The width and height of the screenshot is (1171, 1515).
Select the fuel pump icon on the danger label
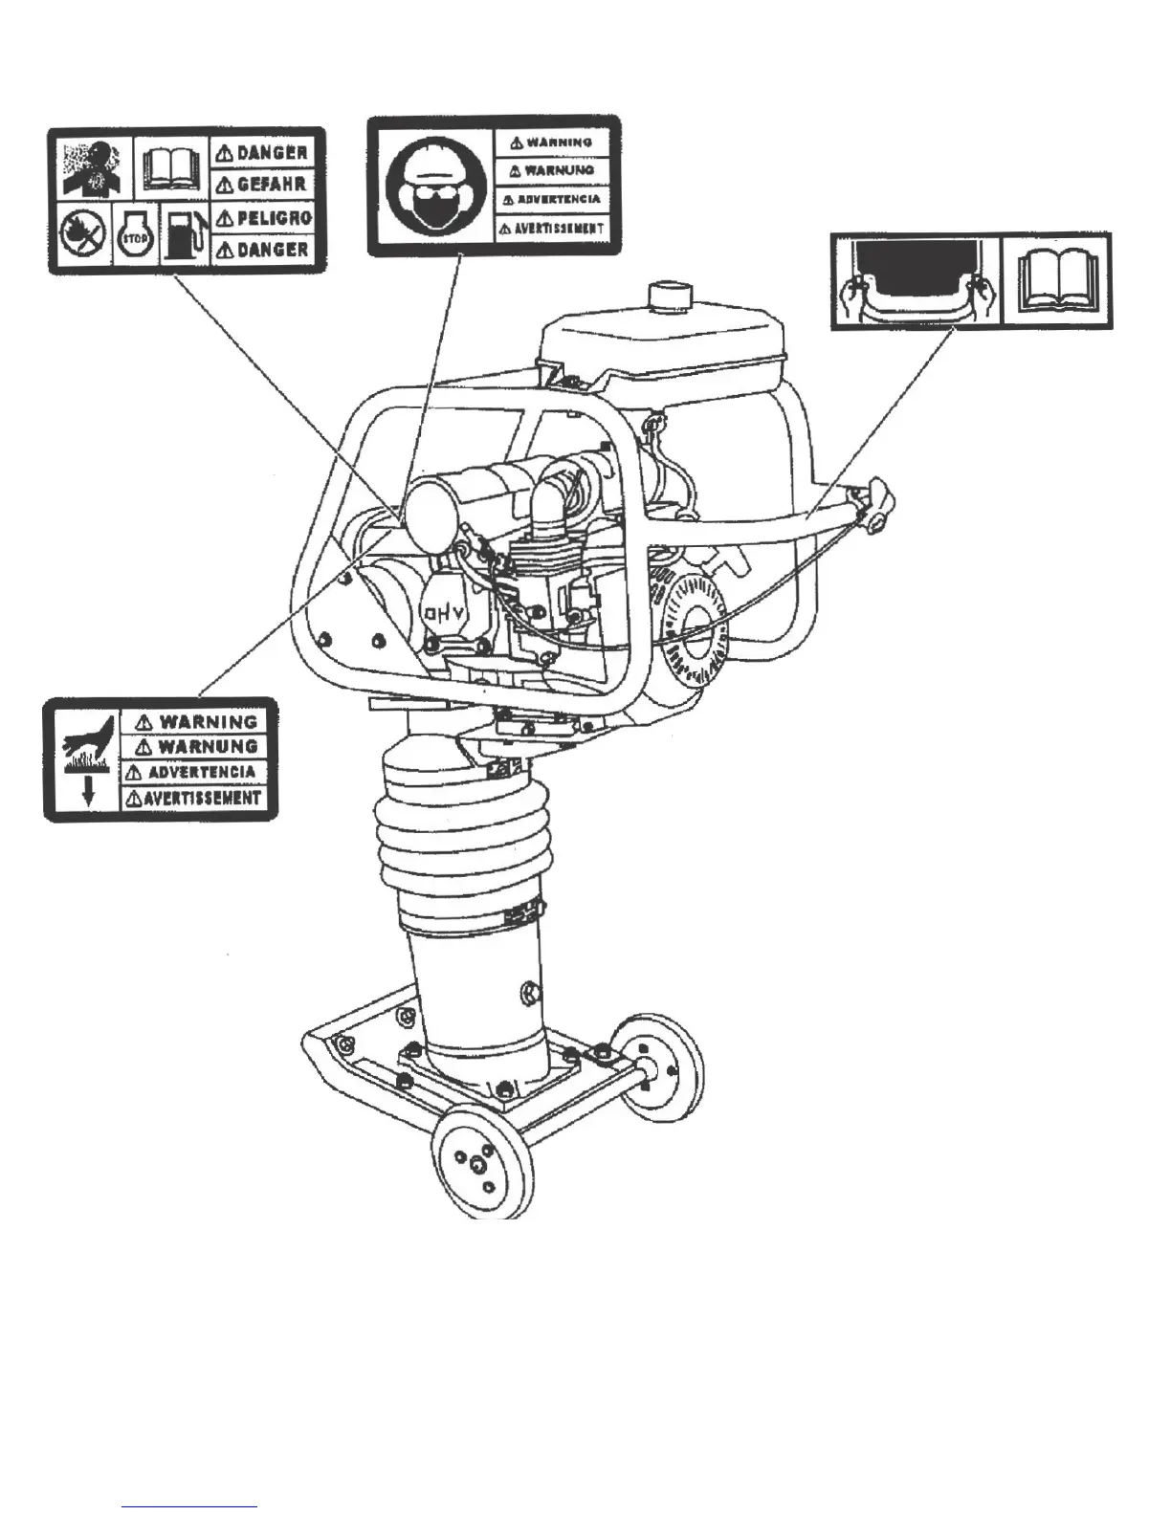click(x=183, y=234)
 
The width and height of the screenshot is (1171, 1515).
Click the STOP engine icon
click(x=134, y=236)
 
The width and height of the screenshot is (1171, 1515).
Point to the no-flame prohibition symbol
click(x=82, y=236)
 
